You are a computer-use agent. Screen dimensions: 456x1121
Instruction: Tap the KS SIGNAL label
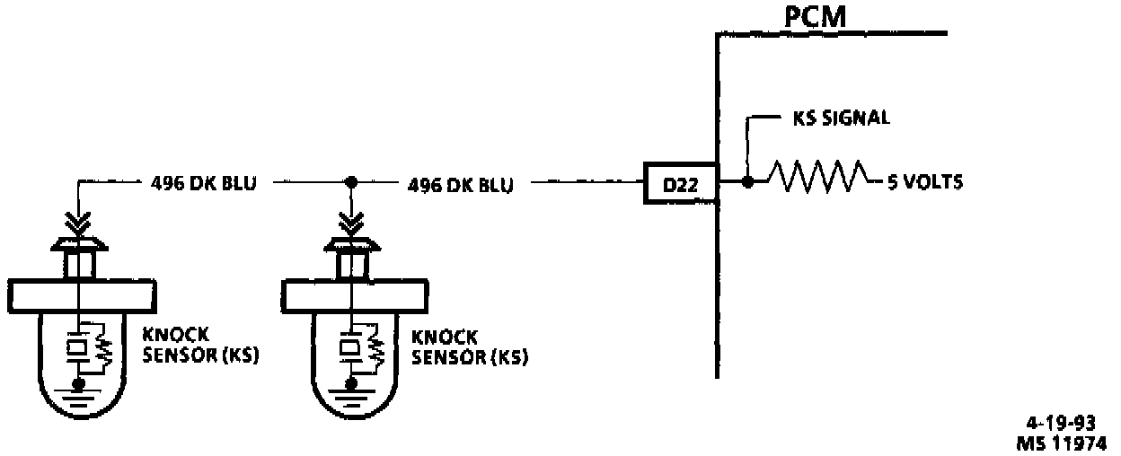tap(841, 118)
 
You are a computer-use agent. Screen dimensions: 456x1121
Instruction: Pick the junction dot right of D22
tap(747, 182)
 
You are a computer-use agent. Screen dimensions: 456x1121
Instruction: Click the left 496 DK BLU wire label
tap(201, 185)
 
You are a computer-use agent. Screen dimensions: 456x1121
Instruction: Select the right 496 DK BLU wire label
tap(461, 185)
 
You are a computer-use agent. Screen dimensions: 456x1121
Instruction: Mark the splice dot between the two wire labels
tap(350, 182)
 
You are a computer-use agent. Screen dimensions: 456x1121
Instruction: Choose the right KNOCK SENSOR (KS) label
tap(469, 347)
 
